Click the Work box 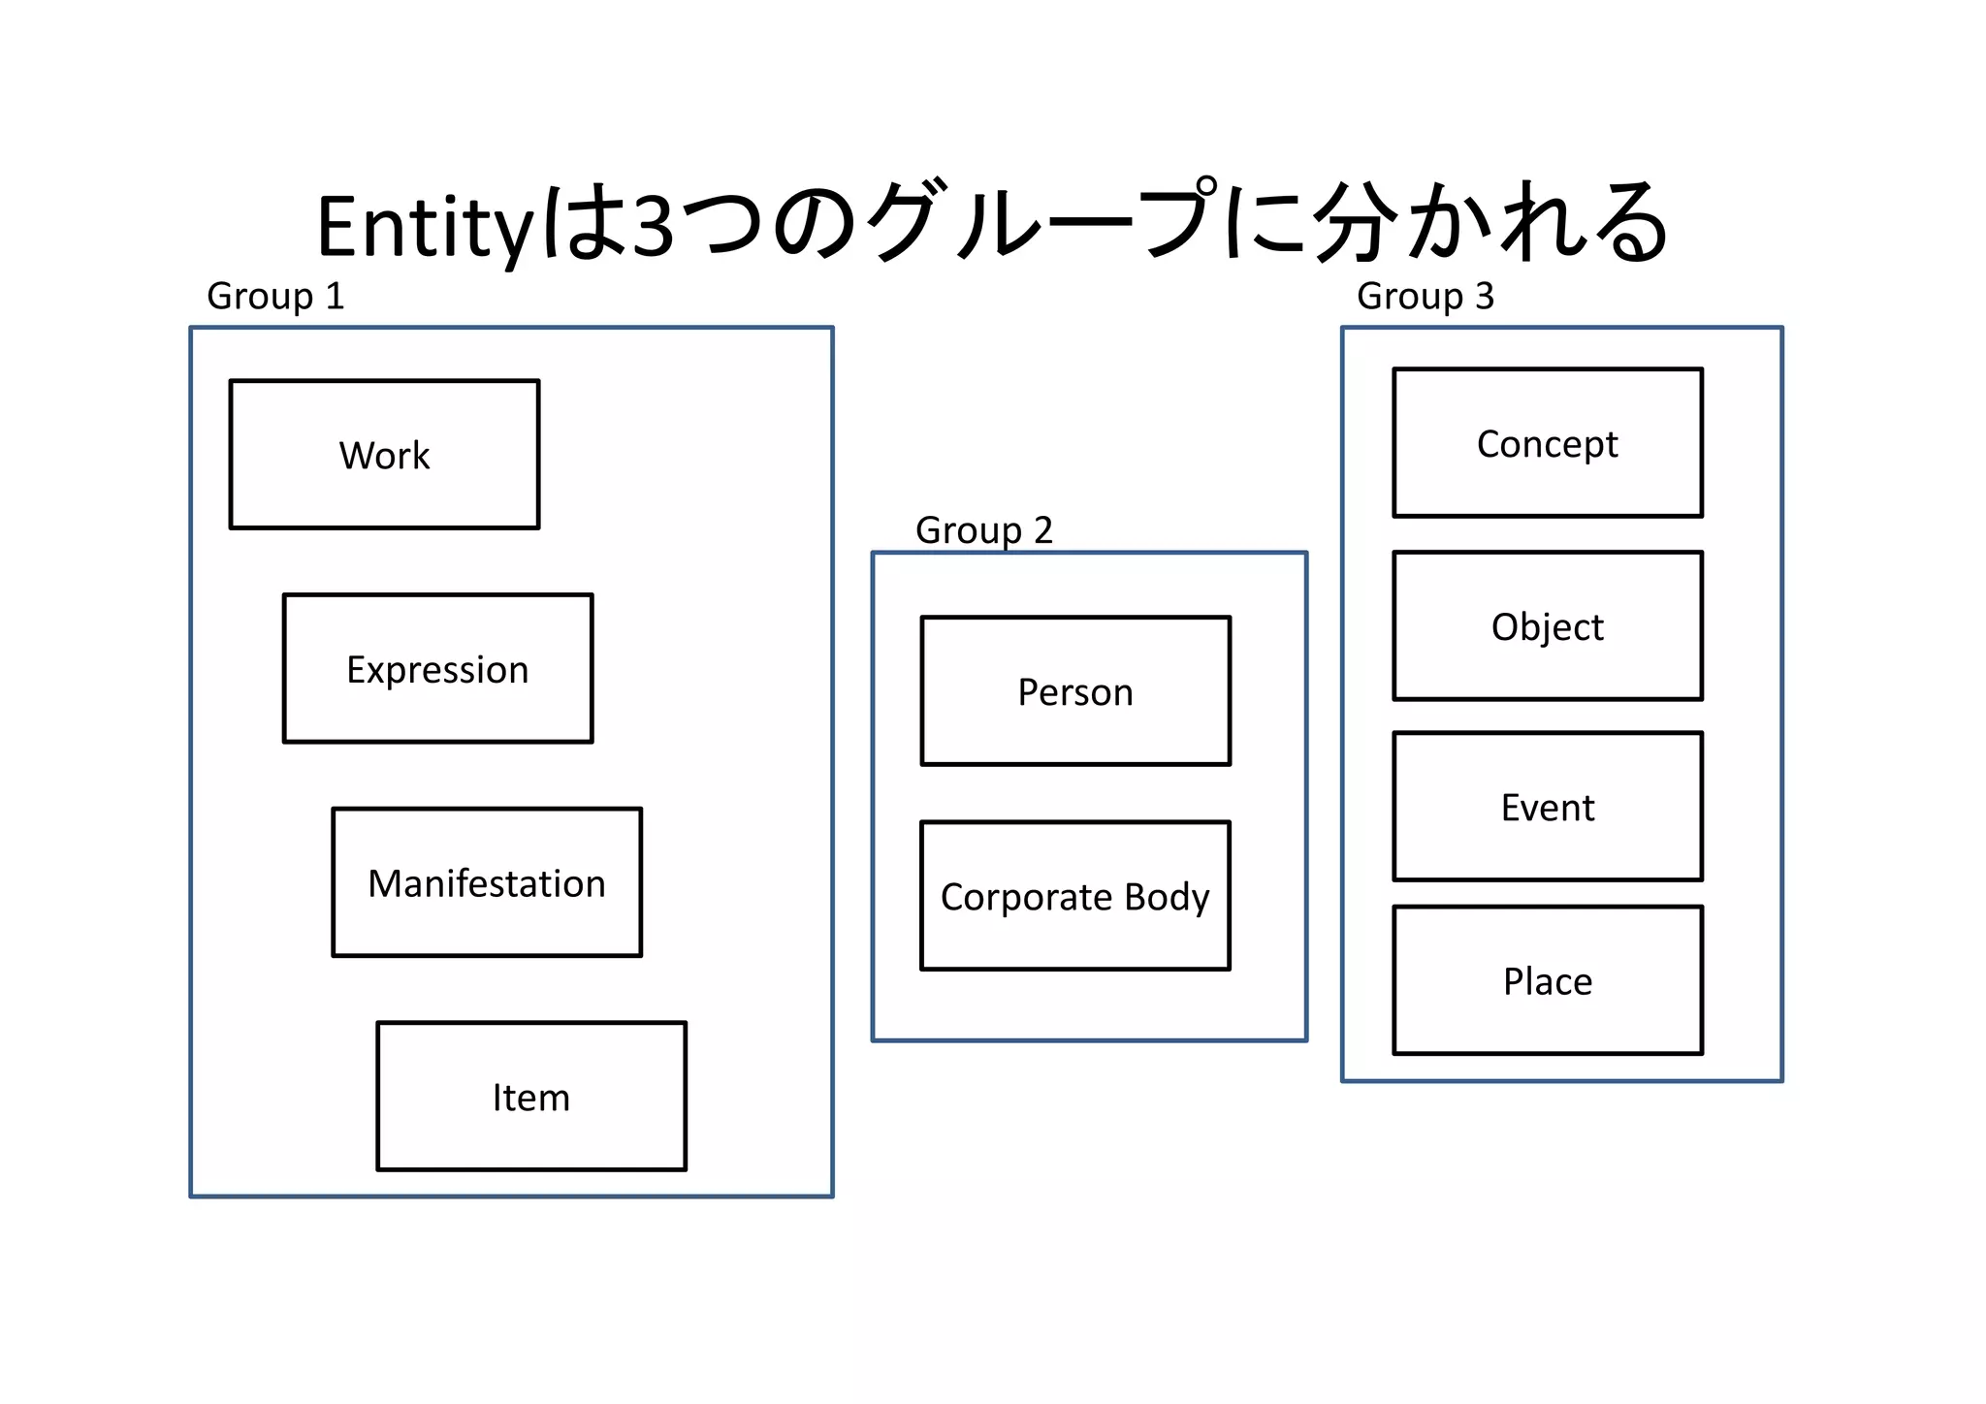(x=384, y=455)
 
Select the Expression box (x=437, y=669)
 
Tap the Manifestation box (x=487, y=883)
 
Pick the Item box (x=531, y=1097)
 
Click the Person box (x=1075, y=691)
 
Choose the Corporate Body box (x=1075, y=896)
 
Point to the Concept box (x=1548, y=443)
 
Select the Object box (x=1548, y=626)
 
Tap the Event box (x=1548, y=807)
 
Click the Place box (x=1548, y=981)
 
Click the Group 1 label (x=275, y=296)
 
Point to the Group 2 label (x=983, y=530)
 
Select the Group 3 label (x=1425, y=296)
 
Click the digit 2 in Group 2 (x=1042, y=530)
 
